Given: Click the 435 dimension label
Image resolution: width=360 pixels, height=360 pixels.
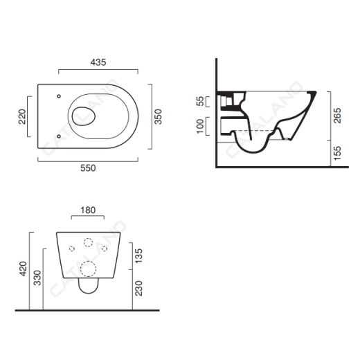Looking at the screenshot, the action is point(98,62).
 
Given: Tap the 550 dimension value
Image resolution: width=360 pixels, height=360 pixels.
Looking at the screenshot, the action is point(88,168).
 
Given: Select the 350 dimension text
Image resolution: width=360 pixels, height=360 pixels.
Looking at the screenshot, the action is point(158,117).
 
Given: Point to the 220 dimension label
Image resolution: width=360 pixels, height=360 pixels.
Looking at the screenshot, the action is point(22,117).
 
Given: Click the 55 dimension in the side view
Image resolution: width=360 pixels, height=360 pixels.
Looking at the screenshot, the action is point(200,101).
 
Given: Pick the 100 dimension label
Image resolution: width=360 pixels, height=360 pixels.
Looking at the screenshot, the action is point(200,126).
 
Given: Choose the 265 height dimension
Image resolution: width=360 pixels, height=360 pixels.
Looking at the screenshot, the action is point(337,116).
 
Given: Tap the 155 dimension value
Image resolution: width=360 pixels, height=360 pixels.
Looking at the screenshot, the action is point(337,153).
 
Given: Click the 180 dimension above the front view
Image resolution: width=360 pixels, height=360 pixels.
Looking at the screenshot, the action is point(88,210).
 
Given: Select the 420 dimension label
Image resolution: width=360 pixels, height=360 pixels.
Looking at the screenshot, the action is point(24,269).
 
